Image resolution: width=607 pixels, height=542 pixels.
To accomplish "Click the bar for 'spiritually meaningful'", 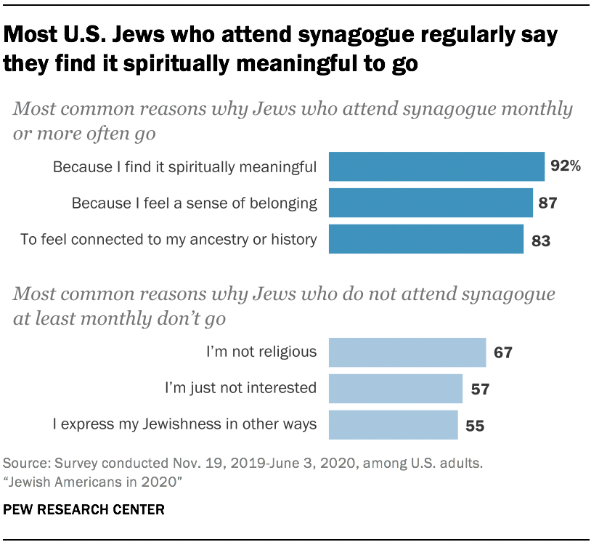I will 436,166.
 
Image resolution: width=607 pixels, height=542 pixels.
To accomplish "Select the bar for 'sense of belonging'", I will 431,203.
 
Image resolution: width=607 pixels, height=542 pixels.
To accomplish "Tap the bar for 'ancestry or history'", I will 426,239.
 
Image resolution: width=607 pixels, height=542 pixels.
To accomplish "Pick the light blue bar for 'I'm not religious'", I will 407,352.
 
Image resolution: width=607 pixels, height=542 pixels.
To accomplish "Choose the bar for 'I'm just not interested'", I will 396,389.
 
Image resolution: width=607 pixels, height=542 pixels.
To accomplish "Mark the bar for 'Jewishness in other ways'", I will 394,425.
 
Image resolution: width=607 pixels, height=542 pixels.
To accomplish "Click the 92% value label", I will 566,166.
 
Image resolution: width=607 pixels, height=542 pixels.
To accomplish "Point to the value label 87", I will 547,203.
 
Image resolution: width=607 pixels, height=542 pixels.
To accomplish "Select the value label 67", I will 502,353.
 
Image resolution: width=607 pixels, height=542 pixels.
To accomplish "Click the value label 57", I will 479,389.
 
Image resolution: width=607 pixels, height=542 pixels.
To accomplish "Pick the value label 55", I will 475,426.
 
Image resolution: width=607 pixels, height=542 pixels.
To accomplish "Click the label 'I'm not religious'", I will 261,352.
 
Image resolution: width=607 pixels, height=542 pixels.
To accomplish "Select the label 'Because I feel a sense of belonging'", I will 194,203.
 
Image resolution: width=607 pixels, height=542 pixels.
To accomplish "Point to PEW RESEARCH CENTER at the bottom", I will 83,510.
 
